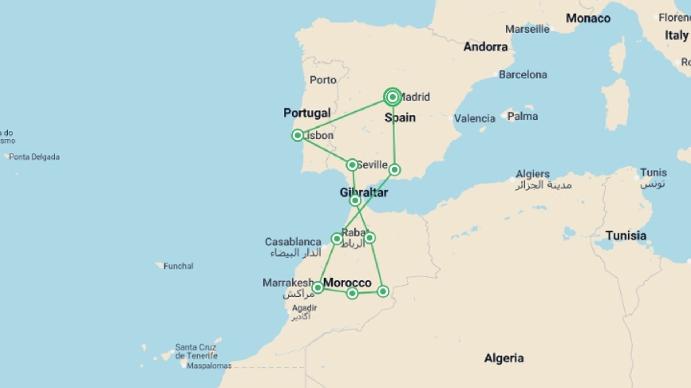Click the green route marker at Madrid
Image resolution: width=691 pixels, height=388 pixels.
coord(392,97)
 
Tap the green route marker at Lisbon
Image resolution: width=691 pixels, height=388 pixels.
coord(298,135)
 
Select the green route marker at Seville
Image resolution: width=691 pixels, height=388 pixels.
coord(352,165)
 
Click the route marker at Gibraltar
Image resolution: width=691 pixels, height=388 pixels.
coord(355,200)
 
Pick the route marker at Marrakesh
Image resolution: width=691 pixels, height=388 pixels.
coord(317,288)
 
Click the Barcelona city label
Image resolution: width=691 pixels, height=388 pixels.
coord(523,75)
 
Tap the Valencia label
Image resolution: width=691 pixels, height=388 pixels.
coord(474,118)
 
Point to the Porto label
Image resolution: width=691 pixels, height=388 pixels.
coord(323,80)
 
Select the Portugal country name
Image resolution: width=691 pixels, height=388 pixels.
coord(307,113)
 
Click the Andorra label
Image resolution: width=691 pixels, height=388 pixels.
coord(485,47)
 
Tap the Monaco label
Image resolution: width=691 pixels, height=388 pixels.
coord(588,18)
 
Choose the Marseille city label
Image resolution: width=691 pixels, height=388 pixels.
coord(527,29)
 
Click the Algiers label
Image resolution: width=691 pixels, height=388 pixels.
coord(533,174)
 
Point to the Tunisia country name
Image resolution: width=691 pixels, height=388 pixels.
coord(626,236)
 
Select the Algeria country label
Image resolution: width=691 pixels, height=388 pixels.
coord(504,358)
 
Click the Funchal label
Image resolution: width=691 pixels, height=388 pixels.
coord(178,266)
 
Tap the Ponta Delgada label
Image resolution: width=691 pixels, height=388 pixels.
coord(34,157)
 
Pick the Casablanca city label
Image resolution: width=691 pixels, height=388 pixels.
coord(293,242)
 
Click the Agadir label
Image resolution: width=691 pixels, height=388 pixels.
coord(304,308)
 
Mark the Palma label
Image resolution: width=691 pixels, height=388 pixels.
coord(523,116)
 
